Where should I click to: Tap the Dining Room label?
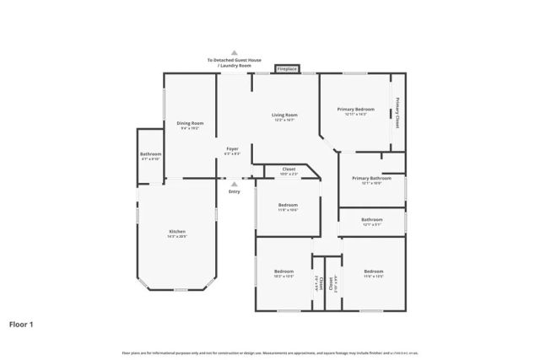click(x=190, y=123)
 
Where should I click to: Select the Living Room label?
click(x=284, y=115)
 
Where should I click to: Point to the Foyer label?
click(x=233, y=149)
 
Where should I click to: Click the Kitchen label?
click(x=177, y=232)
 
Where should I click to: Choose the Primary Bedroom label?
click(x=355, y=110)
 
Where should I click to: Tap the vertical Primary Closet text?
click(x=397, y=114)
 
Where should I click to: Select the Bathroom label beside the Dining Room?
click(x=151, y=154)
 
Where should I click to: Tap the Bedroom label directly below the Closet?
click(x=288, y=205)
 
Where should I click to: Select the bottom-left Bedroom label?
click(x=283, y=271)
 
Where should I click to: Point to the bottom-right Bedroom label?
click(x=373, y=271)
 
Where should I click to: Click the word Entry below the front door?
click(x=235, y=192)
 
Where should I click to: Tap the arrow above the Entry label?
click(x=235, y=183)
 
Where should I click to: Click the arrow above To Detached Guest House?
click(x=235, y=52)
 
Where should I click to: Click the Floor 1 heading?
click(x=21, y=324)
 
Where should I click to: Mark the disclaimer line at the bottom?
click(x=270, y=352)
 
